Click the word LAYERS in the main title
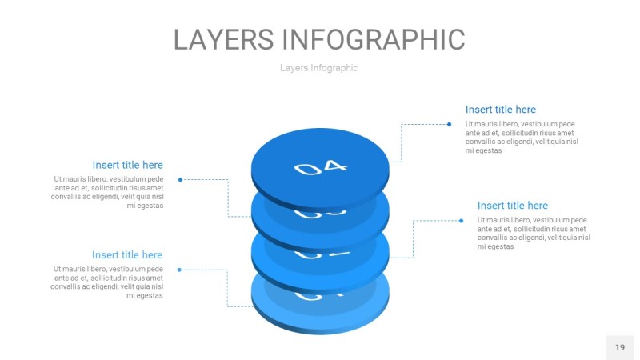[225, 39]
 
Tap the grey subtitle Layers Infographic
[318, 68]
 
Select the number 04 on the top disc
[321, 167]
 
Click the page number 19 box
[619, 347]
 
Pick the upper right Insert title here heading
[500, 110]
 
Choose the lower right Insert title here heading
[512, 206]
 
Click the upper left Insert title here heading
[127, 165]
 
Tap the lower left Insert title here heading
[127, 255]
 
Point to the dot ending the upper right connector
[449, 124]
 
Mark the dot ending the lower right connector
[461, 220]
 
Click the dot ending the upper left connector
[180, 179]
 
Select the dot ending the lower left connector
[179, 270]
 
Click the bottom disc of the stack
[320, 316]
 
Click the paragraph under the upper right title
[522, 137]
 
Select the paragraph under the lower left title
[107, 282]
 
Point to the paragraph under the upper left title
[107, 192]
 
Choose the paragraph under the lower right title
[534, 233]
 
